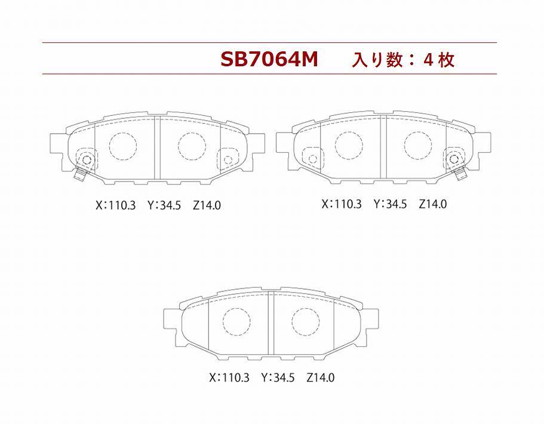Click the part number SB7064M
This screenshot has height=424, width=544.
[269, 60]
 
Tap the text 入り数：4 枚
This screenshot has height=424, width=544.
[403, 60]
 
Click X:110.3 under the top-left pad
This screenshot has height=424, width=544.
[115, 205]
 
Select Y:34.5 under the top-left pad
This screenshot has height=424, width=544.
[164, 205]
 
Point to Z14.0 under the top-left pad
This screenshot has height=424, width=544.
[207, 205]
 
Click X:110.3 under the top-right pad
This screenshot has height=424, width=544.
[342, 204]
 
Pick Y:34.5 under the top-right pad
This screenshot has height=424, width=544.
[390, 204]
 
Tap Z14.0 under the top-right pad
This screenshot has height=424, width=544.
[433, 204]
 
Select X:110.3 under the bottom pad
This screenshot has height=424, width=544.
[229, 377]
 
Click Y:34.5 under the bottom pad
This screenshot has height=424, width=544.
[278, 377]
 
